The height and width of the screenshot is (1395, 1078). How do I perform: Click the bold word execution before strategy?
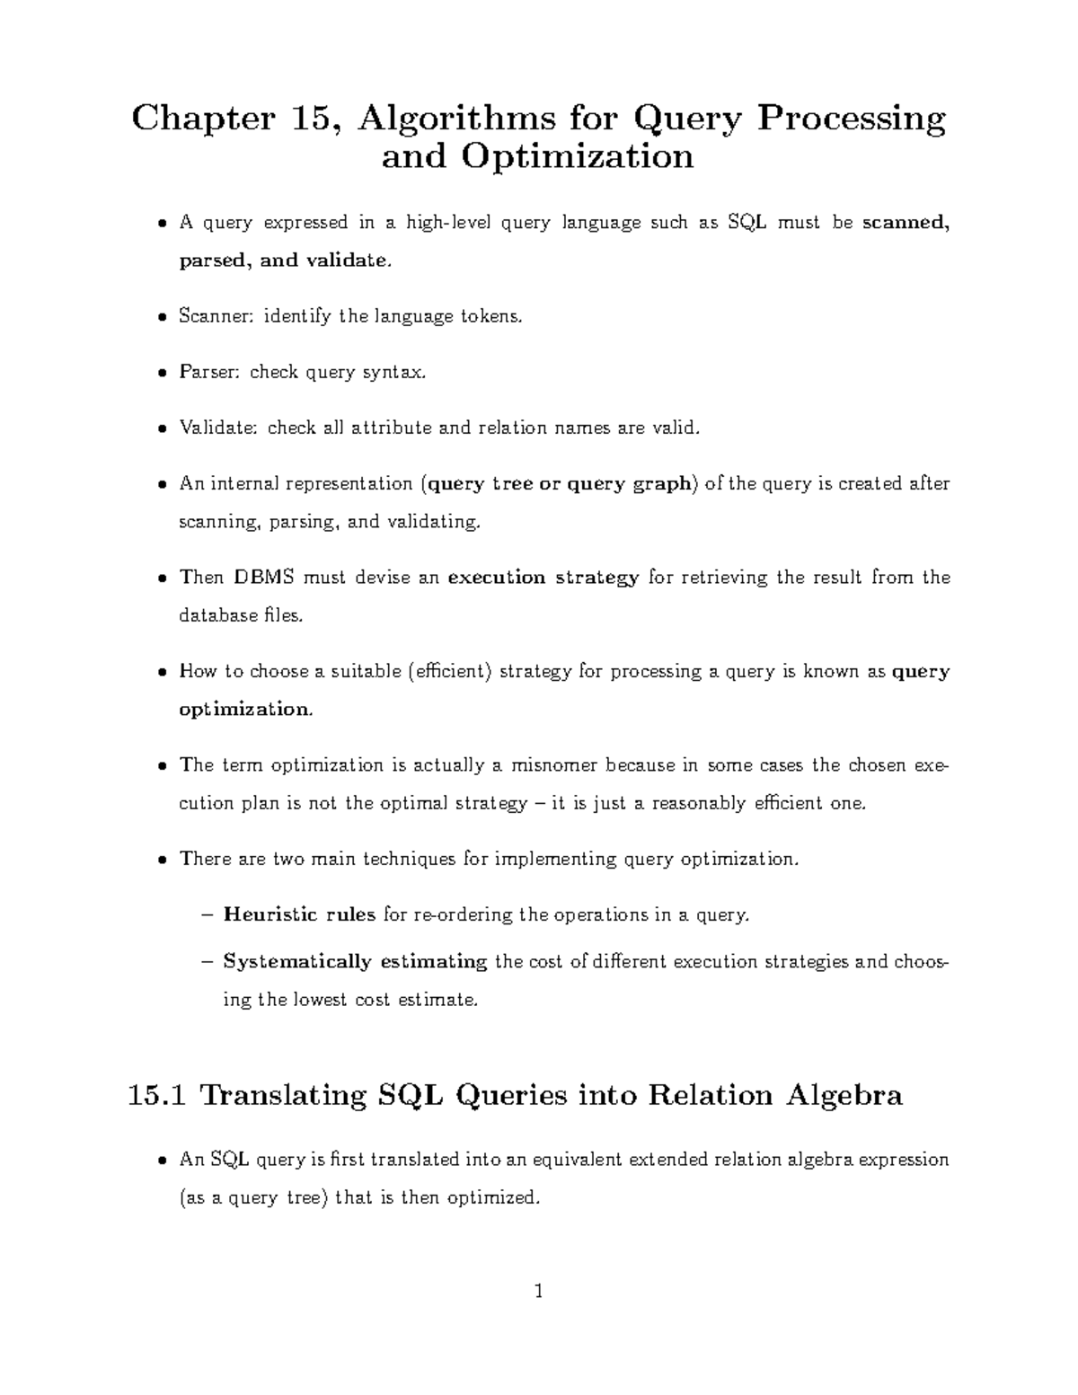tap(496, 578)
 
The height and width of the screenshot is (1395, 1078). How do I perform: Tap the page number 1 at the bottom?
tap(539, 1293)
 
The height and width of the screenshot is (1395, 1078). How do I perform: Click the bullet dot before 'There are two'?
tap(161, 861)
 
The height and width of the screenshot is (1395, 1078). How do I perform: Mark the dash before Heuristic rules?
tap(208, 915)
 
